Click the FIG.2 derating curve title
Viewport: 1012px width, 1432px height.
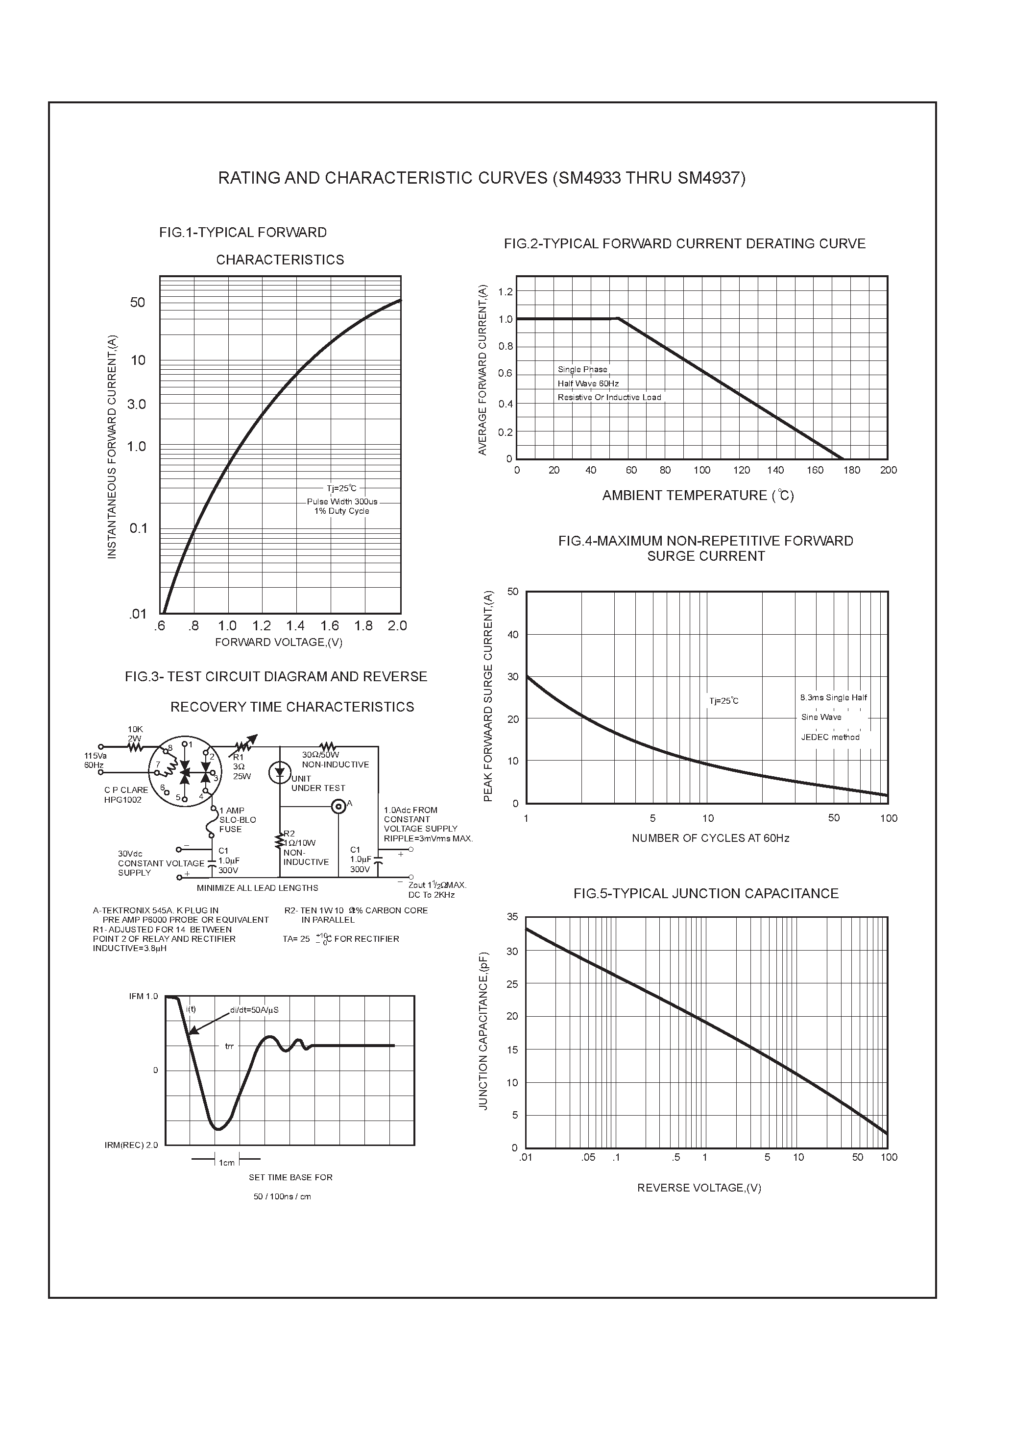(x=684, y=244)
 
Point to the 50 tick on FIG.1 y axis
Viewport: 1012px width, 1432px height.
(x=137, y=303)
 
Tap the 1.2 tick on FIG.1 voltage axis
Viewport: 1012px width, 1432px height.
(x=262, y=625)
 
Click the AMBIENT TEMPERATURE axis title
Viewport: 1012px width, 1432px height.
(x=698, y=496)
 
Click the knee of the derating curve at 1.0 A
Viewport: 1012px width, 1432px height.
(x=618, y=319)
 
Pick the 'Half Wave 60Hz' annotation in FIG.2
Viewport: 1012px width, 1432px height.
(x=588, y=383)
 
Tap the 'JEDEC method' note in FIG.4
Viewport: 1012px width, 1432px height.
(x=830, y=737)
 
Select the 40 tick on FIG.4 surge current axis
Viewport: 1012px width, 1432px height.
(x=512, y=635)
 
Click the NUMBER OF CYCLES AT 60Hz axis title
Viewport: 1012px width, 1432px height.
(x=710, y=838)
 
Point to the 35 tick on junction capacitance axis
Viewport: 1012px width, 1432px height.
(x=512, y=917)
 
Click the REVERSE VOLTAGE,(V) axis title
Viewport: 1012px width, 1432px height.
(x=699, y=1188)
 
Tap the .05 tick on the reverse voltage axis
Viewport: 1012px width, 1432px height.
(x=588, y=1158)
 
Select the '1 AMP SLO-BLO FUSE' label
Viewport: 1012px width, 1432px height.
(x=237, y=819)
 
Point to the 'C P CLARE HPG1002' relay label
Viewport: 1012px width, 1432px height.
(x=126, y=794)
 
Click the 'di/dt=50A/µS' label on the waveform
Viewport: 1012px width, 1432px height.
(x=254, y=1010)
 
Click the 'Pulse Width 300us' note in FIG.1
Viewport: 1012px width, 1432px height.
(x=342, y=501)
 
